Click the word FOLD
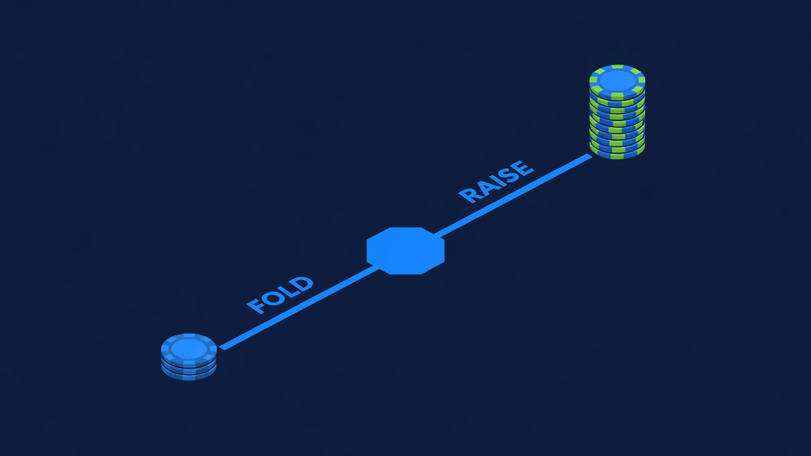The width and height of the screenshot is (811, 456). pos(280,295)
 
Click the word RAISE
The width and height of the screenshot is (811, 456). pos(496,182)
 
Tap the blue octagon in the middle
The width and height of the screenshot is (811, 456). pos(405,251)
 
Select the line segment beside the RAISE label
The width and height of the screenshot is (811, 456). pos(513,196)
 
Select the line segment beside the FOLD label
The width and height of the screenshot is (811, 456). pos(299,308)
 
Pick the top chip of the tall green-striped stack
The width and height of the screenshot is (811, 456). pos(617,81)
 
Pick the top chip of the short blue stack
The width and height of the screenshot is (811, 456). pos(189,349)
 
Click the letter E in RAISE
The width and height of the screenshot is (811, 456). pos(523,168)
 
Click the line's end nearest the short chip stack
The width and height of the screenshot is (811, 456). pos(222,348)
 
